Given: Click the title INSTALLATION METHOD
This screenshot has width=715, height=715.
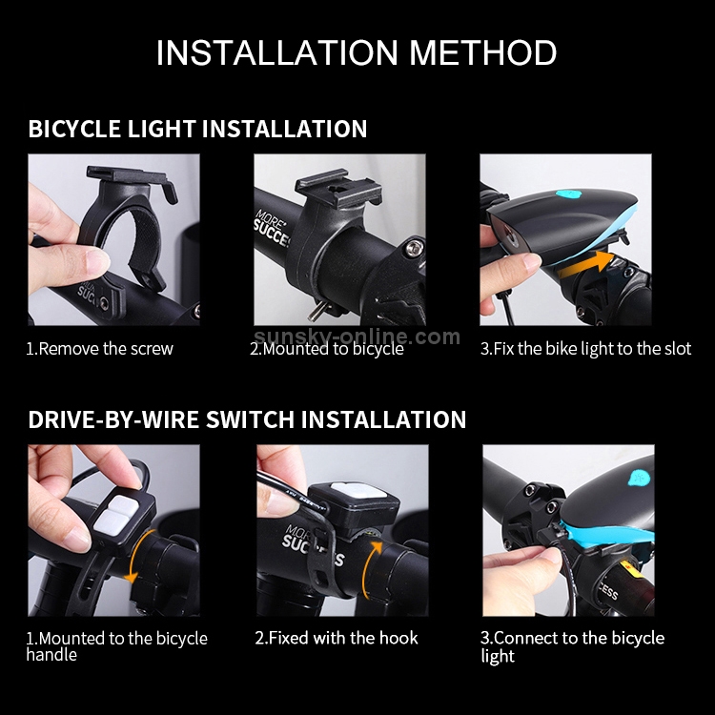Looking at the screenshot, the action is coord(357,52).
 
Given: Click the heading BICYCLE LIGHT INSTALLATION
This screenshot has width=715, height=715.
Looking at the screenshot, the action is coord(197,129).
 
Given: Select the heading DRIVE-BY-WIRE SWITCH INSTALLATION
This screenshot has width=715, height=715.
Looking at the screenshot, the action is coord(247,419).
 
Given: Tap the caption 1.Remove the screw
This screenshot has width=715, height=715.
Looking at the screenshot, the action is coord(100,349).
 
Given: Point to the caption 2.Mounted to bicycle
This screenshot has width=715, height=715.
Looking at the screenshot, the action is coord(326,349).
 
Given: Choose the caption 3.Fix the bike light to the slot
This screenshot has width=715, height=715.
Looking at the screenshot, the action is coord(585,349).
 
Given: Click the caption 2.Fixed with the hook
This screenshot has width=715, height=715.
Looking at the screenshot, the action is coord(337,638).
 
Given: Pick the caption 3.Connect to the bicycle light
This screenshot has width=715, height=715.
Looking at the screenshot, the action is coord(572,646).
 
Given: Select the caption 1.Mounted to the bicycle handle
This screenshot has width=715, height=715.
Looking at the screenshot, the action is coord(116,646).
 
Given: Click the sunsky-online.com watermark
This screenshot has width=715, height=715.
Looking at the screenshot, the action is coord(357,337).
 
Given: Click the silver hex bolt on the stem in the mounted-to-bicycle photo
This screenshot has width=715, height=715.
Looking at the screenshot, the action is coord(414,248).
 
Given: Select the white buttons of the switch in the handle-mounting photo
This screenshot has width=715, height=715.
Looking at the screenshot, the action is coord(114,516).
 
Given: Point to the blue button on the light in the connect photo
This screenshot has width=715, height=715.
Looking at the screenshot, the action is coord(639,480).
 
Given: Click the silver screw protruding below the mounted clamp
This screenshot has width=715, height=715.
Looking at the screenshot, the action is coord(316,313).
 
